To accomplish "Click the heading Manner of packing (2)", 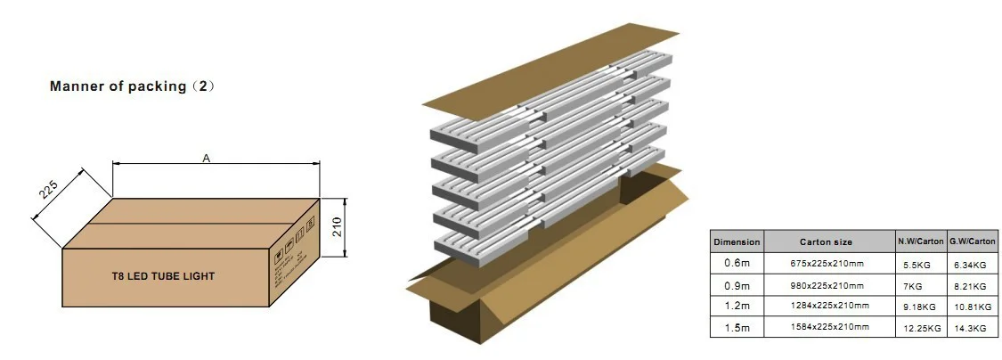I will click(133, 86).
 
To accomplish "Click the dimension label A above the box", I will click(207, 158).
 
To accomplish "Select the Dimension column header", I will click(737, 241).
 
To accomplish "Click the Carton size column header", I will click(827, 241).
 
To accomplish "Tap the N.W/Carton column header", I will click(919, 241).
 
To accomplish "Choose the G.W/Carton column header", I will click(972, 241).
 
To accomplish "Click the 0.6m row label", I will click(737, 263).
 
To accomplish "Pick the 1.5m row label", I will click(737, 328).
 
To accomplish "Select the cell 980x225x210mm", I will click(827, 285).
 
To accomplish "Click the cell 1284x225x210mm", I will click(827, 307).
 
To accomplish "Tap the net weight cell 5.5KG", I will click(912, 264).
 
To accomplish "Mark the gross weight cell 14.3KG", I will click(969, 329).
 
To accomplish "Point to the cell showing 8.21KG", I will click(969, 285).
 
